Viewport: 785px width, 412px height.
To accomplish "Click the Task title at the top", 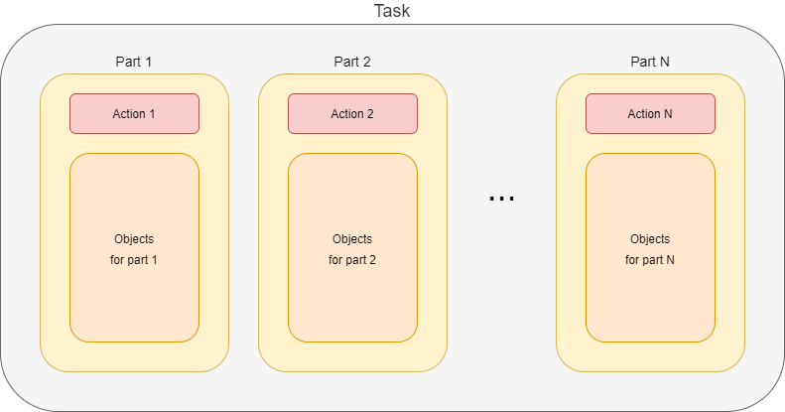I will point(392,11).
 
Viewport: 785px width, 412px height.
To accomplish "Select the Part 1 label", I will point(134,62).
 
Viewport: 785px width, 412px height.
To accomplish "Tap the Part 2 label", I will point(352,62).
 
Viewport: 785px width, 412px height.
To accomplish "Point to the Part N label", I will point(650,62).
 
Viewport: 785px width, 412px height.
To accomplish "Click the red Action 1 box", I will point(134,113).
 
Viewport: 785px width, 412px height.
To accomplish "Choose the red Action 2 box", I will point(352,113).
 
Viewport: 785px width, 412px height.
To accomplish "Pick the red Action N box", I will point(650,113).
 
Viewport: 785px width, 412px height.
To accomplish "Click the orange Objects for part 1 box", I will point(134,298).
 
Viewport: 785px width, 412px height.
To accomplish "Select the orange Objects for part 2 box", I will point(352,298).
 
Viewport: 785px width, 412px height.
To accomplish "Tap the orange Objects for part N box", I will point(650,298).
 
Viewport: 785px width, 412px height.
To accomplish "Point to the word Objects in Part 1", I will point(134,239).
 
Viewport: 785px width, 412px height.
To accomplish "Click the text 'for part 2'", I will point(352,260).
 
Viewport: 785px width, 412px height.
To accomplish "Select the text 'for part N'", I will point(650,260).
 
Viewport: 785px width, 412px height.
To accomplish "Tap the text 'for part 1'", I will point(134,260).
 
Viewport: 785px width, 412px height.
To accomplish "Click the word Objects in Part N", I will point(650,239).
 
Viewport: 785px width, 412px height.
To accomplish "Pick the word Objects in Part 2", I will point(352,239).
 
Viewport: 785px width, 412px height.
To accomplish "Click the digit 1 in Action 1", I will point(152,114).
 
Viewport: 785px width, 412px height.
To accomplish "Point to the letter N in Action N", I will point(668,114).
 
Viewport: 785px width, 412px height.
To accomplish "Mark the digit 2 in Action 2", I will point(370,114).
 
